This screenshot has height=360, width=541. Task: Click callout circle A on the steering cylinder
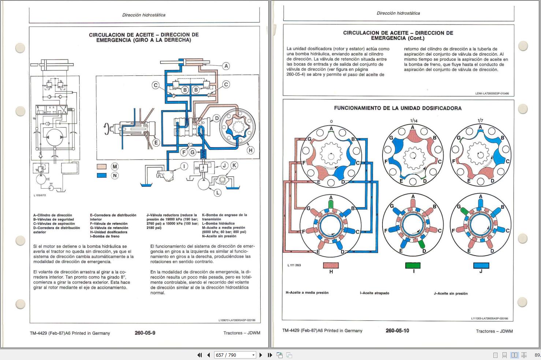click(x=226, y=66)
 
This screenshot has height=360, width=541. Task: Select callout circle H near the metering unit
click(x=251, y=150)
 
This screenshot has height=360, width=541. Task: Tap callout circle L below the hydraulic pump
click(x=218, y=192)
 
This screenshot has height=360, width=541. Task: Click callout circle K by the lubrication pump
click(x=234, y=166)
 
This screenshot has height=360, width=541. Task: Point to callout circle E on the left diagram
click(x=156, y=142)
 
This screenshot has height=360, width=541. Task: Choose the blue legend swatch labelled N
click(x=101, y=175)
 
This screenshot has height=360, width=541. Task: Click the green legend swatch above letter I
click(x=413, y=265)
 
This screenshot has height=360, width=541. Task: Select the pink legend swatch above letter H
click(x=331, y=265)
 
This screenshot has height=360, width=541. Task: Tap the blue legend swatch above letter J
click(x=481, y=265)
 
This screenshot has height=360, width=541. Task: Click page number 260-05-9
click(x=145, y=333)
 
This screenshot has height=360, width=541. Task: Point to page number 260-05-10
click(x=397, y=331)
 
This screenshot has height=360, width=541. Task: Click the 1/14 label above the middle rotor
click(x=414, y=121)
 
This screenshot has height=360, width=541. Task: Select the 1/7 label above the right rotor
click(x=480, y=121)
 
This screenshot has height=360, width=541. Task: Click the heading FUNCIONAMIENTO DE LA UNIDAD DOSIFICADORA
click(x=398, y=108)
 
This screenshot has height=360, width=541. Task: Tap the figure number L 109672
click(x=40, y=195)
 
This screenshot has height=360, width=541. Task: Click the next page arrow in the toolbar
click(x=261, y=355)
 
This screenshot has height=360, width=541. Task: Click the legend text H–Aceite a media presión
click(x=307, y=293)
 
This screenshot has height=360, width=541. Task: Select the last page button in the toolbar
click(x=270, y=355)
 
